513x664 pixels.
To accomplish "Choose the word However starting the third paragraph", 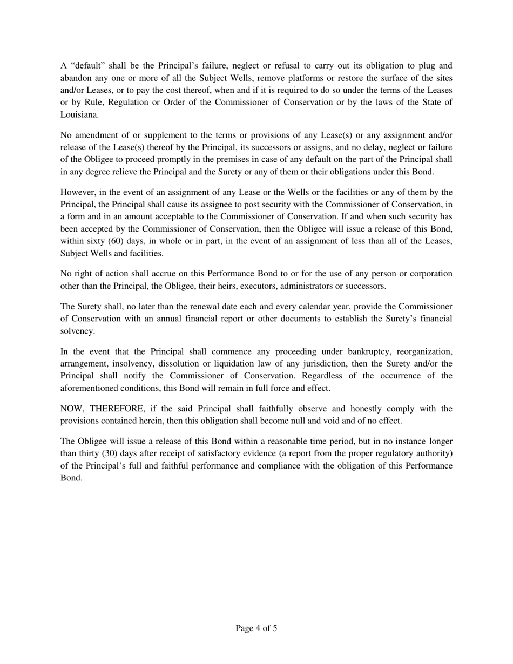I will pyautogui.click(x=78, y=192).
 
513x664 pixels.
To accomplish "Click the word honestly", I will pyautogui.click(x=313, y=409).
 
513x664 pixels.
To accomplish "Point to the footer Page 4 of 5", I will pyautogui.click(x=256, y=628).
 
